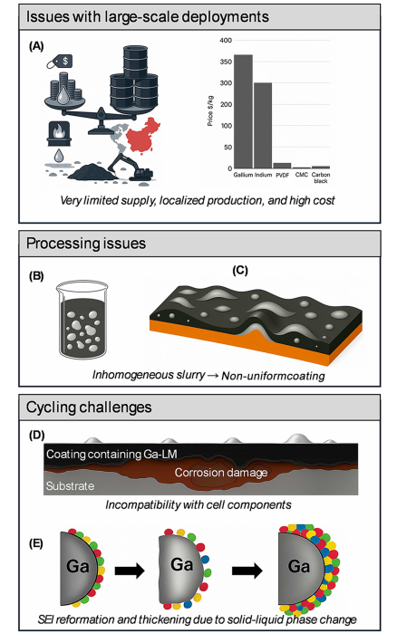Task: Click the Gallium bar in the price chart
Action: point(244,111)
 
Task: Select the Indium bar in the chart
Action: point(263,126)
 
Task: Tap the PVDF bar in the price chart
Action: point(282,166)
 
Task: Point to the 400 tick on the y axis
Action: point(226,40)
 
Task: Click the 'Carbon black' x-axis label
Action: point(321,177)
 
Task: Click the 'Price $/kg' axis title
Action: point(210,111)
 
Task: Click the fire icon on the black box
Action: point(59,129)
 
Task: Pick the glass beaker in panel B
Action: point(82,321)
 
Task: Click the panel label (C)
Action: point(240,270)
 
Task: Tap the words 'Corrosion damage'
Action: point(221,473)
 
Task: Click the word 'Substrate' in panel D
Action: point(70,485)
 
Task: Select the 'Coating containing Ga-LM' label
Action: point(111,455)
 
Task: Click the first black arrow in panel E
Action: point(130,571)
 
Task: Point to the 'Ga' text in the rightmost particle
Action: point(299,566)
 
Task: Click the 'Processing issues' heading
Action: point(86,244)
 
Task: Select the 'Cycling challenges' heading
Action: point(89,407)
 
